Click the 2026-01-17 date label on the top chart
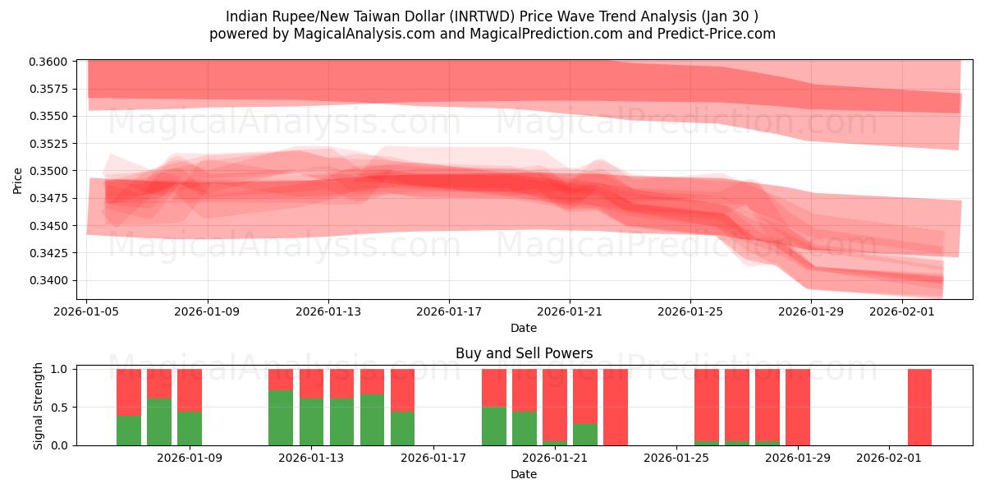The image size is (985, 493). pos(448,311)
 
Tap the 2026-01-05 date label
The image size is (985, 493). pos(87,311)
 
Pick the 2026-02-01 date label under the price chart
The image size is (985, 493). pos(902,311)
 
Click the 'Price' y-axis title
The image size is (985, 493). pos(18,180)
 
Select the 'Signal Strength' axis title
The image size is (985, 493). pos(39,406)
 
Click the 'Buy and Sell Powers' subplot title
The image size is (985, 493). pos(524,353)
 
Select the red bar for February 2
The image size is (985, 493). pos(919,407)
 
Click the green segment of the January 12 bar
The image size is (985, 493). pos(281,417)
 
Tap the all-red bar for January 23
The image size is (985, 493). pos(615,407)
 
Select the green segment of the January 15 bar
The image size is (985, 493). pos(402,428)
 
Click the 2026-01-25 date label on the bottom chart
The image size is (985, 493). pos(676,458)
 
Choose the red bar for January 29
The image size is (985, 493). pos(798,407)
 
